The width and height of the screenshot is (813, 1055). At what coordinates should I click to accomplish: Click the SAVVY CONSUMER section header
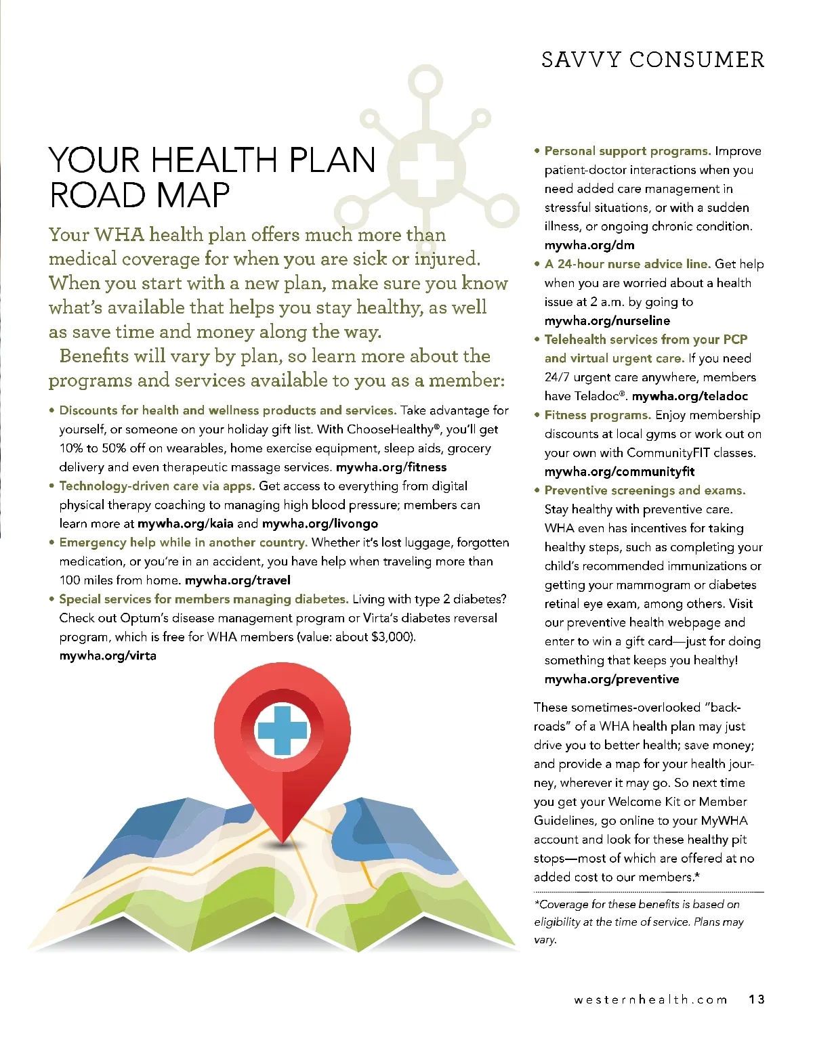coord(652,60)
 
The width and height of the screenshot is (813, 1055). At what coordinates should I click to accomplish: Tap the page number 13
coord(757,999)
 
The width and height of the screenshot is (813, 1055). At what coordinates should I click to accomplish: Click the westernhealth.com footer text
coord(650,999)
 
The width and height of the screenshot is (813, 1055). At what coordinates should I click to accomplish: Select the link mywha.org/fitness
coord(391,467)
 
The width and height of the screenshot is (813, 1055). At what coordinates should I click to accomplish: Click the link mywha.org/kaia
coord(185,523)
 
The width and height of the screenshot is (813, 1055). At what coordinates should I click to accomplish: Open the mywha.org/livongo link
coord(320,523)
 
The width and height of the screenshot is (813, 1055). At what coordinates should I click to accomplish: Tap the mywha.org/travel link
coord(237,580)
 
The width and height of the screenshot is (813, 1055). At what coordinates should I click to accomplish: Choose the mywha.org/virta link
coord(108,655)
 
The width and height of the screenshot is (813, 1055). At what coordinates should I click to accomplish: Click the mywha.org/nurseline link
coord(607,320)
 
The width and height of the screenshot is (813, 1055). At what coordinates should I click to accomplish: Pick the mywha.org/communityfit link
coord(619,471)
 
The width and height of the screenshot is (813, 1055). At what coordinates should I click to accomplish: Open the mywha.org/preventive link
coord(611,679)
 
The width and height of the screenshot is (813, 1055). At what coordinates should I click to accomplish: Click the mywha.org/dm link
coord(589,245)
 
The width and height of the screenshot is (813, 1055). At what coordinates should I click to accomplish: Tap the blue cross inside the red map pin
coord(282,730)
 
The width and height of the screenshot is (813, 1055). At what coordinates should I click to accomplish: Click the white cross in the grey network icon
coord(426,169)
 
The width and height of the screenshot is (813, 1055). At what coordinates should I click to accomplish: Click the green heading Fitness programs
coord(598,415)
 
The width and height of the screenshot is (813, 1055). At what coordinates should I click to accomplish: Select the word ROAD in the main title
coord(98,196)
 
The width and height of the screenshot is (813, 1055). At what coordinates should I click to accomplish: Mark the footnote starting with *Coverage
coord(638,922)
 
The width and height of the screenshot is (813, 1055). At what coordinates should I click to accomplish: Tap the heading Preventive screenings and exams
coord(644,490)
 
